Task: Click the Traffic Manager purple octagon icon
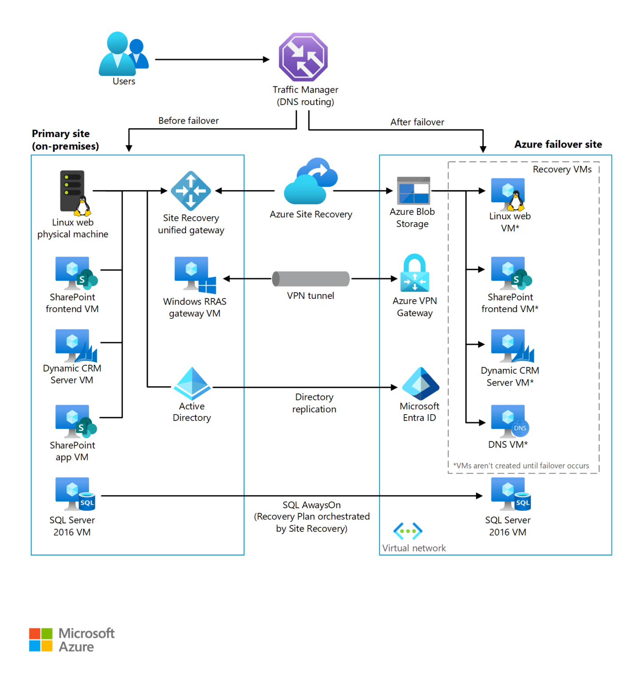(x=303, y=57)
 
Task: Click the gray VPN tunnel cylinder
(x=311, y=279)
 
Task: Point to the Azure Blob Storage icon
(x=413, y=191)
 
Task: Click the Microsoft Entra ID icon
(x=420, y=384)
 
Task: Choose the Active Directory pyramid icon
(x=192, y=384)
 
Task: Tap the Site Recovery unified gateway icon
(x=191, y=191)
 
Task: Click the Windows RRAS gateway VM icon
(x=195, y=275)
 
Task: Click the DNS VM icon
(x=509, y=421)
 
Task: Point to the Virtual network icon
(x=408, y=531)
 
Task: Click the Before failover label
(x=188, y=121)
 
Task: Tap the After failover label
(x=417, y=122)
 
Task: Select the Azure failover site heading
(x=558, y=145)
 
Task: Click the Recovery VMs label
(x=562, y=169)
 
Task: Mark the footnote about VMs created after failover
(x=521, y=466)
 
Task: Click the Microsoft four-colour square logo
(x=41, y=639)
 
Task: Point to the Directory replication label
(x=314, y=403)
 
